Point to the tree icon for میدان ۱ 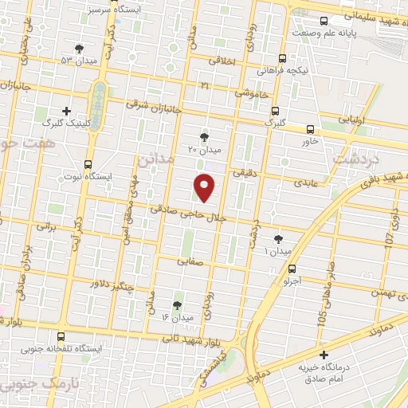pyautogui.click(x=278, y=238)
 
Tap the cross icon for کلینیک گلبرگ pyautogui.click(x=66, y=111)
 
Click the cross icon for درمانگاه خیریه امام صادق pyautogui.click(x=323, y=355)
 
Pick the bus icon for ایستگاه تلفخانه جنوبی pyautogui.click(x=62, y=336)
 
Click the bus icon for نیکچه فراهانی pyautogui.click(x=282, y=58)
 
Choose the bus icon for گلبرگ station pyautogui.click(x=274, y=112)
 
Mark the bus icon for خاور pyautogui.click(x=310, y=128)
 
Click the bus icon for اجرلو pyautogui.click(x=293, y=269)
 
